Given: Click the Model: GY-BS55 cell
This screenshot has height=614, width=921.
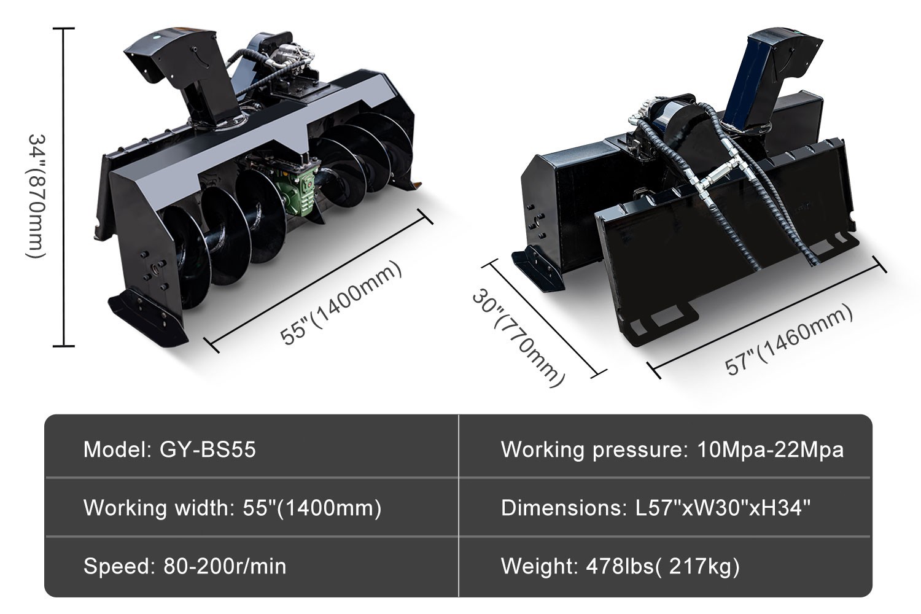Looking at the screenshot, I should pos(169,449).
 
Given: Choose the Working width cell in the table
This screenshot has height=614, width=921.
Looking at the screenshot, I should pos(232,508).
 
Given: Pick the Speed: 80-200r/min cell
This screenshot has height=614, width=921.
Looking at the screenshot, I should pos(185,565).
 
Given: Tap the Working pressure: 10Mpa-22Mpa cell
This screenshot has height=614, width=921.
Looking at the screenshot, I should pos(672,449).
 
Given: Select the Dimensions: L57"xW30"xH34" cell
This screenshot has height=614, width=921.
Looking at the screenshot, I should pos(656,508).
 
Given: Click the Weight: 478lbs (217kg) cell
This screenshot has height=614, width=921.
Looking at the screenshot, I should pos(620,565).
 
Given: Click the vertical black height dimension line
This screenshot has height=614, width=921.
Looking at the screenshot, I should pos(64,187).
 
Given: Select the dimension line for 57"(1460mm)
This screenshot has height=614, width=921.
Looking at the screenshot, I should pos(767,317).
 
